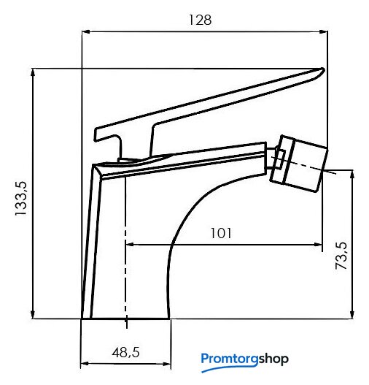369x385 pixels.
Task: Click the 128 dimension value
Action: (201, 20)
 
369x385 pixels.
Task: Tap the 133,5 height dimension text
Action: (20, 199)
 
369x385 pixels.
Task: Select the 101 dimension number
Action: (221, 233)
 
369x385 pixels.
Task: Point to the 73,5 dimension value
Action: (341, 256)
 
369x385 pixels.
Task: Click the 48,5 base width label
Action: (125, 353)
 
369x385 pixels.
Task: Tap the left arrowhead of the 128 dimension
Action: (86, 31)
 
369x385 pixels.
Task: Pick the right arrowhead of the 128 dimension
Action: (324, 31)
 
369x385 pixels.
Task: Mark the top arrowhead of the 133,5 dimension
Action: (33, 73)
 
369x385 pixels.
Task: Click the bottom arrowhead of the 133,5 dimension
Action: (33, 315)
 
